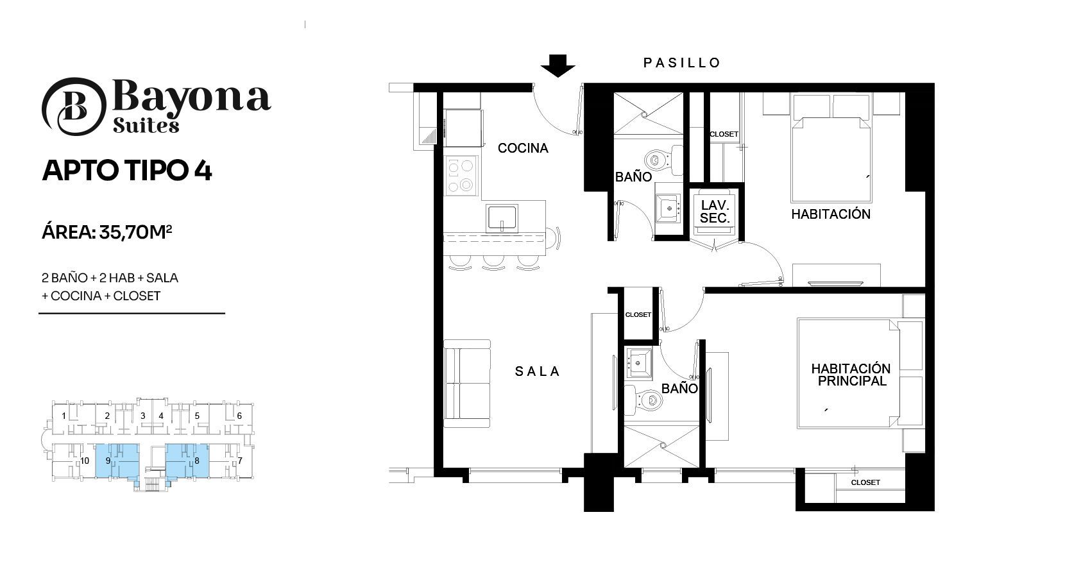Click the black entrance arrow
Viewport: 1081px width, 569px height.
pos(558,65)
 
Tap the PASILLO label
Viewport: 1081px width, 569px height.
pos(682,63)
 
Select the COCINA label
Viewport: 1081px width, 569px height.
pos(523,148)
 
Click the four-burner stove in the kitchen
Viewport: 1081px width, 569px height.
pos(461,175)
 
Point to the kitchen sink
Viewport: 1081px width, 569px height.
pos(502,218)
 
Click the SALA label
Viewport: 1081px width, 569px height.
pos(537,371)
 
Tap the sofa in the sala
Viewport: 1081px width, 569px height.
pos(467,384)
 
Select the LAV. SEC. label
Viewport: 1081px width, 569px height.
pos(715,212)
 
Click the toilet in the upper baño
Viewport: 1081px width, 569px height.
pos(664,160)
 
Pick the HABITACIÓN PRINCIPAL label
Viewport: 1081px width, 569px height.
pos(851,375)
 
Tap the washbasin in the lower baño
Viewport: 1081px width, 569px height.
pos(638,362)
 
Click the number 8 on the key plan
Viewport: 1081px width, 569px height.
pos(197,461)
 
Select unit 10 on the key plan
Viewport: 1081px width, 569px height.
pos(85,461)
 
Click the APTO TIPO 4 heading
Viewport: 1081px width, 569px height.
pos(127,171)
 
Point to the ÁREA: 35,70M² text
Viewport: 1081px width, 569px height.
pos(106,232)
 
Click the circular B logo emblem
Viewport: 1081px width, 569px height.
pos(74,106)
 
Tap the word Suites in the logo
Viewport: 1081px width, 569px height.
pos(146,126)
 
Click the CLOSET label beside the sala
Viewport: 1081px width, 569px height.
pos(638,315)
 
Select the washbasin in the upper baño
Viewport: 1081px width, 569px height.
pos(668,208)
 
